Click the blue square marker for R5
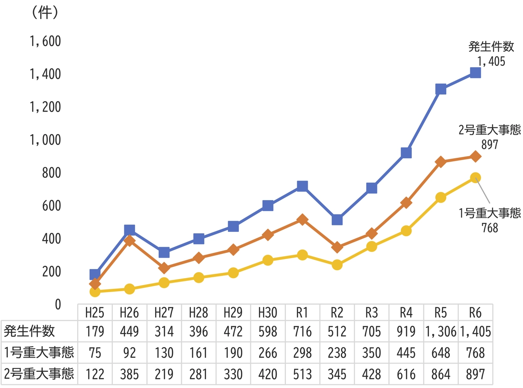pos(441,89)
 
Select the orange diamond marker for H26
pos(129,240)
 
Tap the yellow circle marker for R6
pos(475,177)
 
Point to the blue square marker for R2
pos(337,220)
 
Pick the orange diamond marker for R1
pos(302,220)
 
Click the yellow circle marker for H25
pos(95,291)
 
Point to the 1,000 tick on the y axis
pos(45,140)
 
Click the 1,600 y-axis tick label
pos(45,41)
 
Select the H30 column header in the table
pos(268,312)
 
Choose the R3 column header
pos(371,312)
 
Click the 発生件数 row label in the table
pos(30,331)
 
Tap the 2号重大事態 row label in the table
pos(38,374)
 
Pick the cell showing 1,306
pos(441,331)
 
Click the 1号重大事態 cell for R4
pos(406,353)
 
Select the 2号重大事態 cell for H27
pos(164,374)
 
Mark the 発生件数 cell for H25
pos(95,331)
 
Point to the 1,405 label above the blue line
pos(491,61)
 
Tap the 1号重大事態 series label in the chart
pos(490,213)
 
